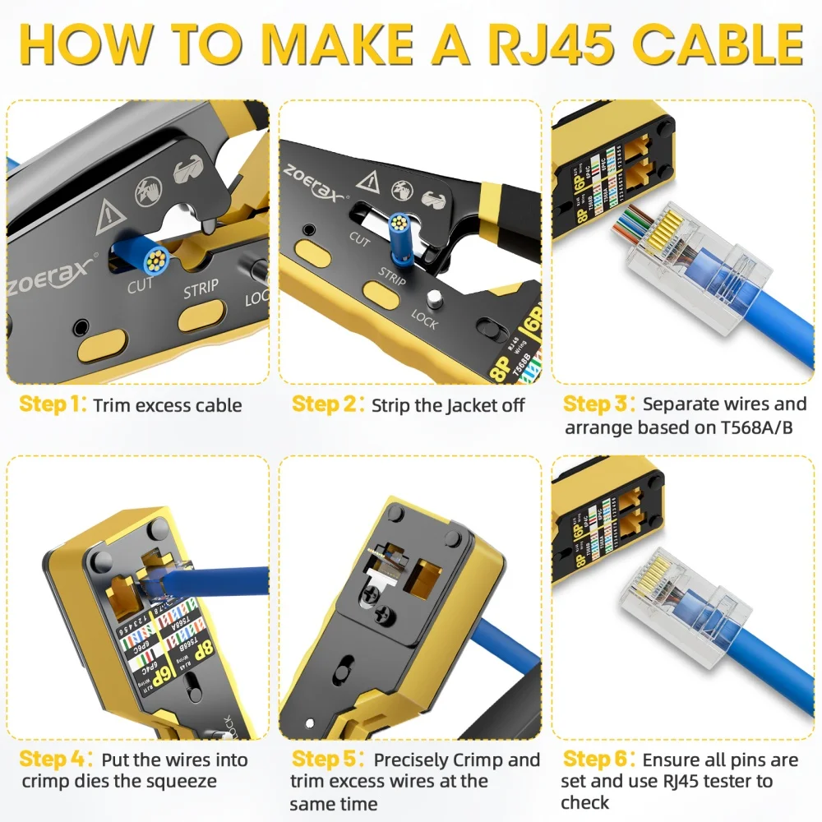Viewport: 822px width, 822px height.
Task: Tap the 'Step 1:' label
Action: (x=53, y=404)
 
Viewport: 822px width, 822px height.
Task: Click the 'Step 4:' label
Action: (x=56, y=760)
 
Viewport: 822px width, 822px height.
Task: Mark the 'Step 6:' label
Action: (x=599, y=760)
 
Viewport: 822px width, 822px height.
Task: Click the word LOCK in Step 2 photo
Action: (x=424, y=318)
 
